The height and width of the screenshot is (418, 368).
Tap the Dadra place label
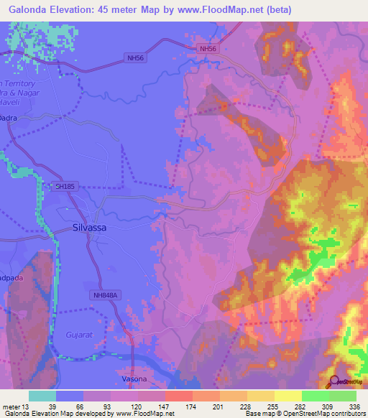pos(9,116)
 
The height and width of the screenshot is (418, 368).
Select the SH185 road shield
pos(65,186)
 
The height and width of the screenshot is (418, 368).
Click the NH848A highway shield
pos(104,294)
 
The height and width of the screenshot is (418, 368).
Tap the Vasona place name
pos(130,378)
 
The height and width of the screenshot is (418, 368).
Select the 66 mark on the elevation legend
pos(83,407)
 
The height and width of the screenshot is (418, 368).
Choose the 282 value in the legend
pos(302,407)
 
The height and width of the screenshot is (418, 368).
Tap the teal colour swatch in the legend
pos(42,396)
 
